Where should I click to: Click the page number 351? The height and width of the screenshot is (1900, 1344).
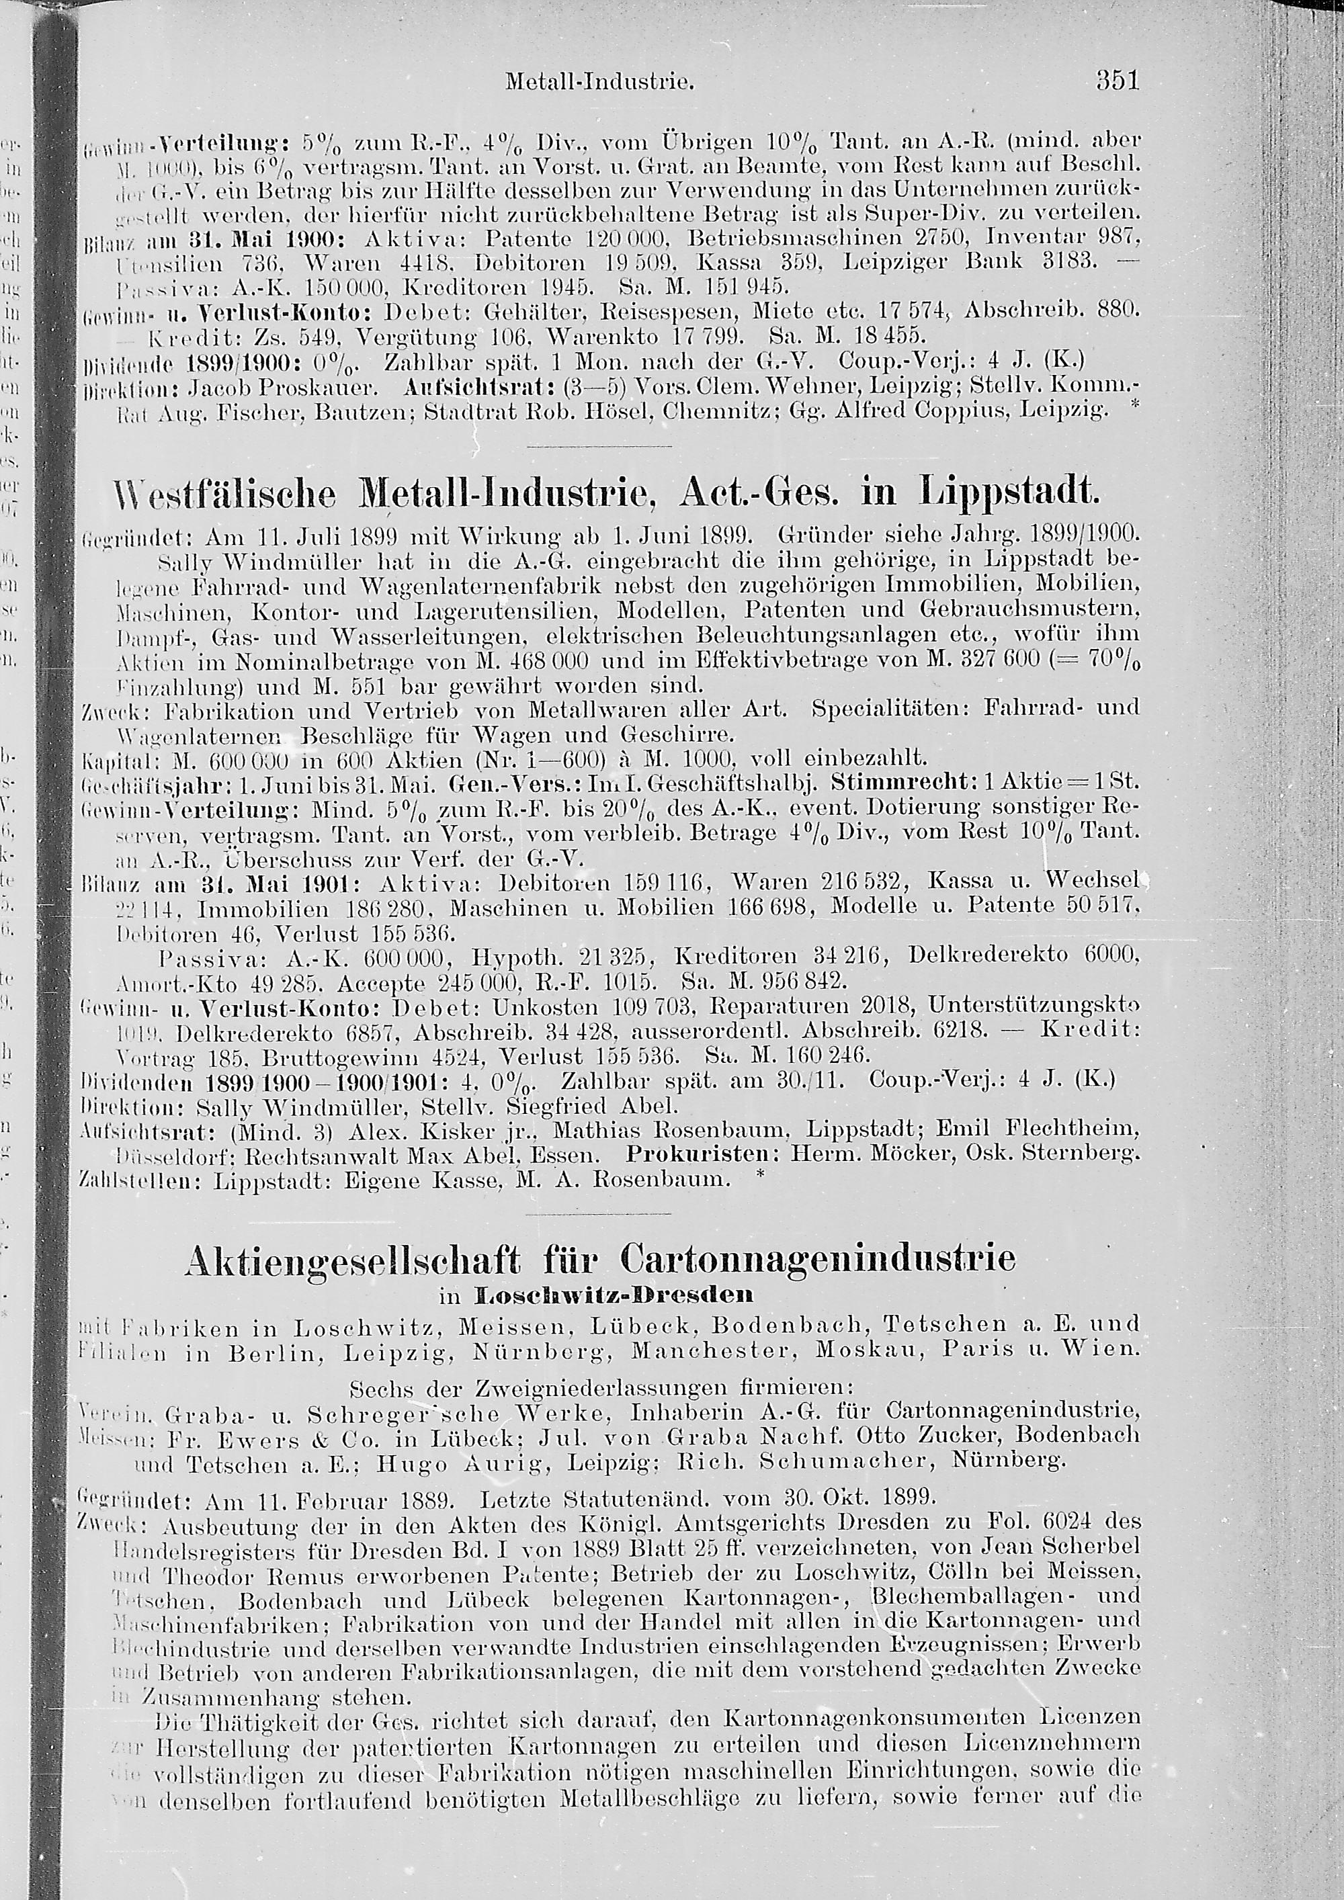point(1118,81)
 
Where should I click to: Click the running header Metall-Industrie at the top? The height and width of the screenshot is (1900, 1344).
point(598,83)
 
